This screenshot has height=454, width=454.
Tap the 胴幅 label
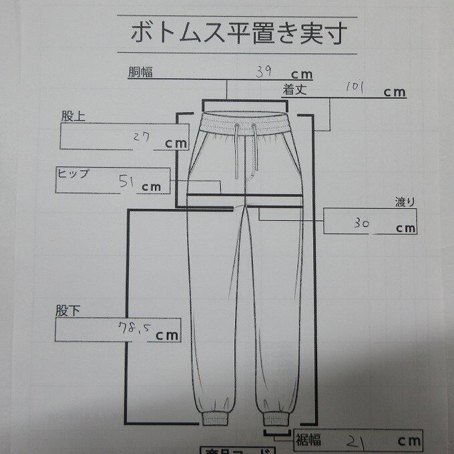pyautogui.click(x=141, y=71)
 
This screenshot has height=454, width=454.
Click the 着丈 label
pyautogui.click(x=294, y=88)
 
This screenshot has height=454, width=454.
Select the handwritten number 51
pyautogui.click(x=127, y=181)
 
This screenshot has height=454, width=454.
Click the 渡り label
pyautogui.click(x=405, y=203)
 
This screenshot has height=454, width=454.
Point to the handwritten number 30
pyautogui.click(x=364, y=224)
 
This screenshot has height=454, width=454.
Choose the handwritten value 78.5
pyautogui.click(x=130, y=329)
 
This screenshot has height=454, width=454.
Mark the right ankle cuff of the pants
pyautogui.click(x=275, y=419)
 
